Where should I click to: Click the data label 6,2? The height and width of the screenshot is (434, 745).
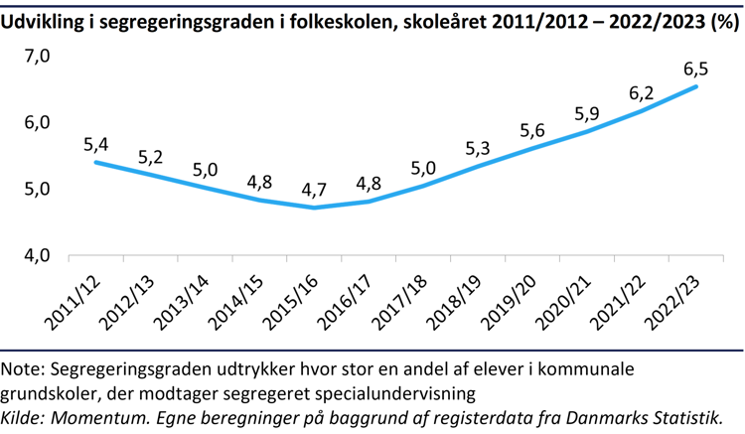pyautogui.click(x=641, y=91)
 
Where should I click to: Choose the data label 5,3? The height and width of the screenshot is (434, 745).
pyautogui.click(x=478, y=150)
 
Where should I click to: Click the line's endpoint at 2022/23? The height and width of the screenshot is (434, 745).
pyautogui.click(x=695, y=86)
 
